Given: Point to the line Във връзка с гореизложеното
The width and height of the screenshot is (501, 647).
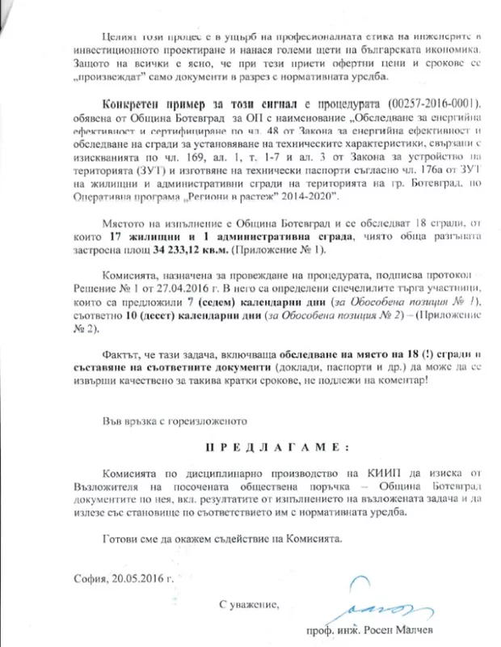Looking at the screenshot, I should click(171, 421).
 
